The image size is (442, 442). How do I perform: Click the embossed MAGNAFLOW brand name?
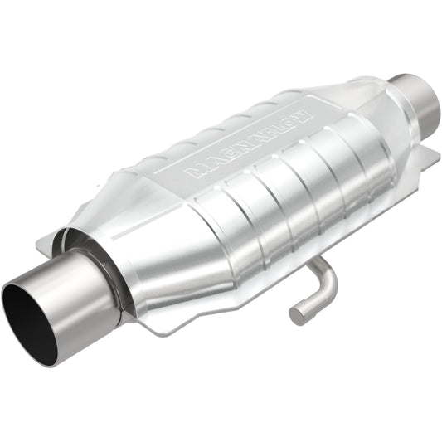click(x=248, y=136)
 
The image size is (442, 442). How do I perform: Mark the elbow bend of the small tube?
click(x=327, y=282)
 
